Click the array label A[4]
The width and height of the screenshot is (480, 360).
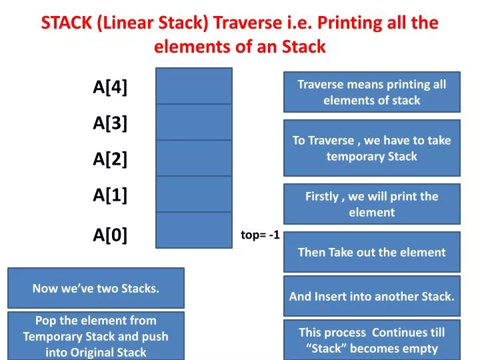tap(111, 87)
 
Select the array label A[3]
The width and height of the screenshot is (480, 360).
tap(111, 123)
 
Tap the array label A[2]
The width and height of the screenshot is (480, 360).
tap(111, 159)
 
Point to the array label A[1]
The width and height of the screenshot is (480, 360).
tap(111, 195)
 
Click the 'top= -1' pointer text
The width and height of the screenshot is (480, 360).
tap(260, 235)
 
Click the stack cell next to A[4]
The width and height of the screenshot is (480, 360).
tap(194, 86)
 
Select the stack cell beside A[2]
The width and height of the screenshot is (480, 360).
tap(194, 158)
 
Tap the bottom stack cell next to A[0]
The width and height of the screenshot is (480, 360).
tap(194, 231)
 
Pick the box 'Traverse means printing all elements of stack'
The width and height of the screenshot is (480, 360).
tap(371, 92)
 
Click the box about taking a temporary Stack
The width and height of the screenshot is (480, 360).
tap(371, 148)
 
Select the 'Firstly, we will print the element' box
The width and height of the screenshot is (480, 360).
tap(371, 204)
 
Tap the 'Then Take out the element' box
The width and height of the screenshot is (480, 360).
tap(371, 252)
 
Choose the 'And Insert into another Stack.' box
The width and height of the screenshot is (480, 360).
tap(371, 296)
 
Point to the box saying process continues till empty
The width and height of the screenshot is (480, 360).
tap(371, 340)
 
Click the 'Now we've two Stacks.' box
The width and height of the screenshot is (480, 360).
tap(96, 288)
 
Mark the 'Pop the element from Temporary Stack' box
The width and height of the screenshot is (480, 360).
tap(96, 336)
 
